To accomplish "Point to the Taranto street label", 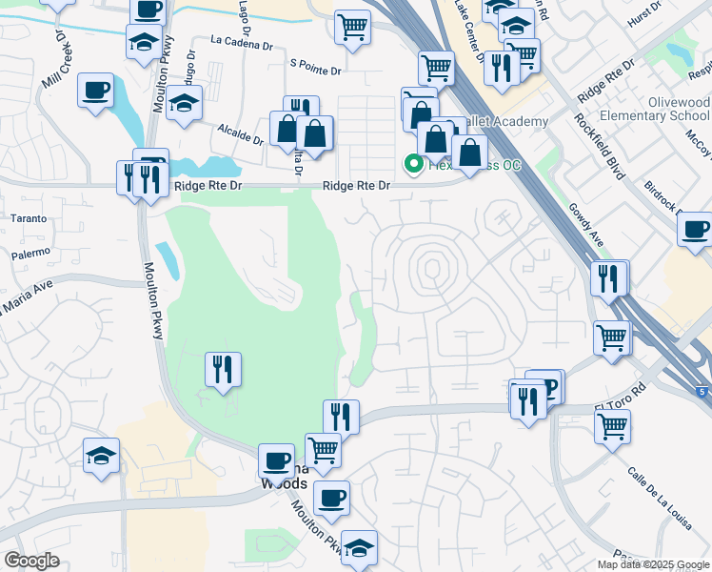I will coord(28,218).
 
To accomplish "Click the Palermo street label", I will coord(29,255).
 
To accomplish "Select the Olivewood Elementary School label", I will coord(663,110).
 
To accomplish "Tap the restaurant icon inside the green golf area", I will coord(223,367).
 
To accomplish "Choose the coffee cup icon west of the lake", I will coord(95,91).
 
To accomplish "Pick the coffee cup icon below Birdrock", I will coord(696,229).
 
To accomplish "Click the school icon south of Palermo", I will coord(101,455).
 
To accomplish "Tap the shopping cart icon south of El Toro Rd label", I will coord(612,425).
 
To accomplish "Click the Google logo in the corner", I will coord(32,561).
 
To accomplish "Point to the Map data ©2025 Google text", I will coord(653,564).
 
